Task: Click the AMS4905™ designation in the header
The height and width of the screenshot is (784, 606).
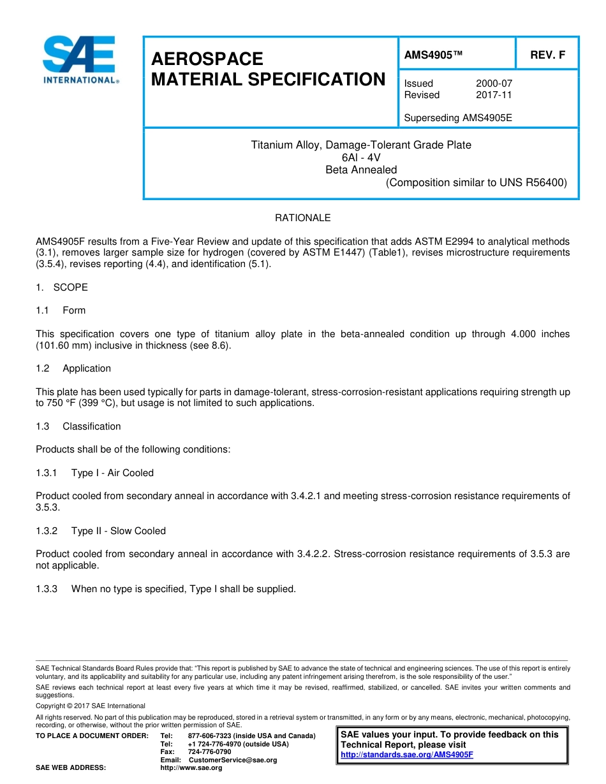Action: click(433, 55)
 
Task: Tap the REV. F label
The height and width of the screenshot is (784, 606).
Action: click(547, 55)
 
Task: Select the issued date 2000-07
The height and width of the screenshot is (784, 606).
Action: click(494, 83)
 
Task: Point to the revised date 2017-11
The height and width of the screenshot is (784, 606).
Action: click(494, 95)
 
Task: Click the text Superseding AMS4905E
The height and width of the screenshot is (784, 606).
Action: click(458, 118)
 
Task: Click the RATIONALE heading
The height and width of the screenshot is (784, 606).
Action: click(302, 218)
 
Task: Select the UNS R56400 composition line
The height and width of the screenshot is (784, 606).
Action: click(476, 183)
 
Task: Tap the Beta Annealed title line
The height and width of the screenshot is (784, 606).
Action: click(361, 170)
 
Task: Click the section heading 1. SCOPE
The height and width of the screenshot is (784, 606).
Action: click(62, 287)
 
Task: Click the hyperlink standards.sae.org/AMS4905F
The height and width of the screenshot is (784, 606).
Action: click(407, 755)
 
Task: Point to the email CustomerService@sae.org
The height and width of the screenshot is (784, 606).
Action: click(233, 760)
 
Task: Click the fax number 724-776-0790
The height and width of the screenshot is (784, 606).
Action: click(210, 752)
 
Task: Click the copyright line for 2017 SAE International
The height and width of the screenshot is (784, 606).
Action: click(91, 706)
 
